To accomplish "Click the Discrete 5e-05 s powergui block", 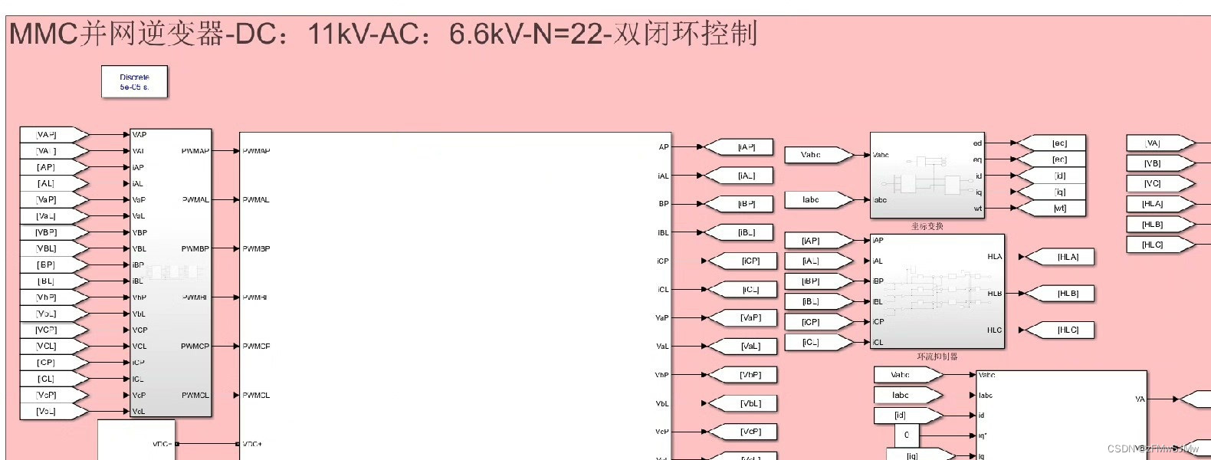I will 134,82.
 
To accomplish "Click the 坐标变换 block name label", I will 927,226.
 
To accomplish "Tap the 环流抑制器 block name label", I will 937,356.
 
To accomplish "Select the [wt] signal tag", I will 1059,208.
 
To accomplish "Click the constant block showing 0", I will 907,435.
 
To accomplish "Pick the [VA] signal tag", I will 1153,143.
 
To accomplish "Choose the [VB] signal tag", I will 1153,163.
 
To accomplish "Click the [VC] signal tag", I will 1153,183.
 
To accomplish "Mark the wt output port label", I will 977,209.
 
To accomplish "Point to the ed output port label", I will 977,143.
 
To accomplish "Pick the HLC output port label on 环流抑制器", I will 994,330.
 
